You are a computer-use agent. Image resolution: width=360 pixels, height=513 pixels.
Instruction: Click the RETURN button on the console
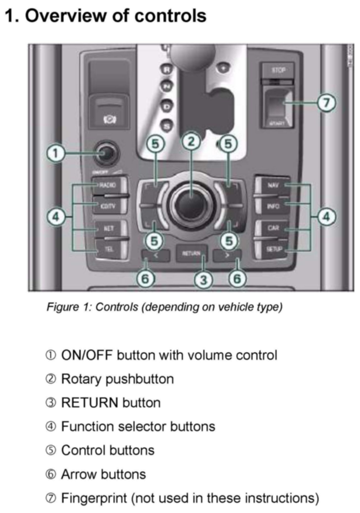click(191, 253)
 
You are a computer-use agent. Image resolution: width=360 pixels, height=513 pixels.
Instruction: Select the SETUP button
click(273, 249)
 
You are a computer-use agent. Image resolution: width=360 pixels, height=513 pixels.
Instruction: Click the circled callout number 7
click(327, 103)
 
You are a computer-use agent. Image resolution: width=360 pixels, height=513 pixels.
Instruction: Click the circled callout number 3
click(204, 280)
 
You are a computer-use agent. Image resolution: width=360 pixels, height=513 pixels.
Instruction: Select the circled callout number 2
click(191, 142)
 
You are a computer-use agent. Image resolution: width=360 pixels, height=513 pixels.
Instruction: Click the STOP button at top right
click(278, 70)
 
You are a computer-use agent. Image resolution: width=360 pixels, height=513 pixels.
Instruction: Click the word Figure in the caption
click(62, 307)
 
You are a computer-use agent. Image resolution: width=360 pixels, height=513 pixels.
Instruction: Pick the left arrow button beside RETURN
click(155, 255)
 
